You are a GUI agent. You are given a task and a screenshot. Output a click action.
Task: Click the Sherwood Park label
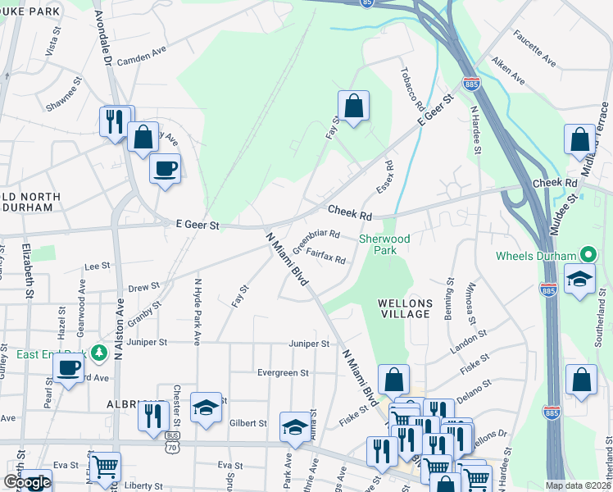[x=383, y=244]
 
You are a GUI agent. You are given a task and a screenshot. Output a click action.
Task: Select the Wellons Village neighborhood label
[x=405, y=308]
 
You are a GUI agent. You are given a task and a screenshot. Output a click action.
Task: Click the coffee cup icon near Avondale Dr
[x=166, y=169]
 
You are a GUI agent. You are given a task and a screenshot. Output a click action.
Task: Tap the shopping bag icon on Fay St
[x=353, y=106]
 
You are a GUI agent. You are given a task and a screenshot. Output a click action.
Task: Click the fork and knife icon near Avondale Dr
[x=114, y=122]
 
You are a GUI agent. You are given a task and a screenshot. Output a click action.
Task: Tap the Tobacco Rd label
[x=412, y=87]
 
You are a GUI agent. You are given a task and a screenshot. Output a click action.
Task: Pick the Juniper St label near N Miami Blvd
[x=308, y=344]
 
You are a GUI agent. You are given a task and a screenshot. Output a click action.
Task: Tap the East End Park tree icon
[x=100, y=353]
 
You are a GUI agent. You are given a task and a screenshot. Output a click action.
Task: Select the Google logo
[x=27, y=483]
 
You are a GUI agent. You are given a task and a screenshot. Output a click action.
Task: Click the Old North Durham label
[x=30, y=202]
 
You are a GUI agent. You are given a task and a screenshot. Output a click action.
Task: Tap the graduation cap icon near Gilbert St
[x=206, y=407]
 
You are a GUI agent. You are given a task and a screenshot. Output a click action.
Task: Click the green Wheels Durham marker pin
[x=585, y=256]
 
